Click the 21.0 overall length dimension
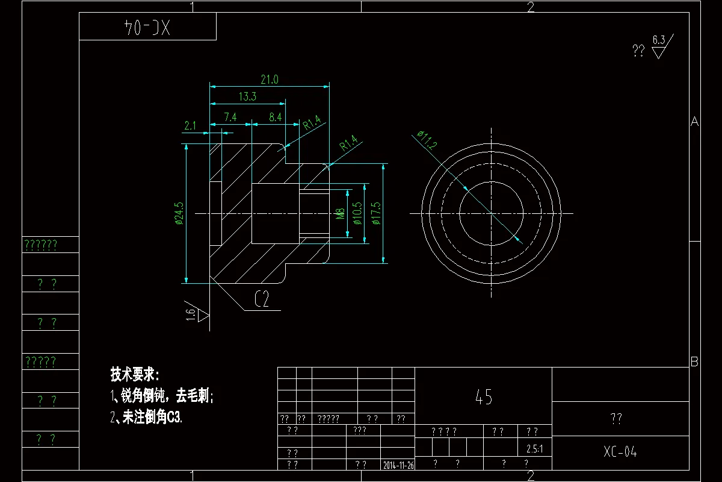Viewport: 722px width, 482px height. (x=269, y=79)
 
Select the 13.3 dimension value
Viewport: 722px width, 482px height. (x=247, y=96)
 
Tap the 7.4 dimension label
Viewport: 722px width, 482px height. (x=230, y=117)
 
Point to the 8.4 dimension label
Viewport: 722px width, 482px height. (x=276, y=117)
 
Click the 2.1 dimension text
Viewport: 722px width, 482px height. (x=191, y=125)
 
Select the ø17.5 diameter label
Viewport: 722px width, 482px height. (x=376, y=213)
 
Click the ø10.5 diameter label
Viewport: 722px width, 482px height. (x=357, y=213)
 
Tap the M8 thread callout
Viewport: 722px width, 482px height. (x=340, y=214)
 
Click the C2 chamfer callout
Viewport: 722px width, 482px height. (x=262, y=300)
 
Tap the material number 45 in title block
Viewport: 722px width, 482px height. (x=484, y=397)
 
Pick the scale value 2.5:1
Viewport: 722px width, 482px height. (x=534, y=449)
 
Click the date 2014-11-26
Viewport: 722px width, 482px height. (x=398, y=465)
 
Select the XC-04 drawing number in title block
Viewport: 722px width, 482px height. (x=620, y=452)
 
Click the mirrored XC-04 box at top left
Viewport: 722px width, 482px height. (x=147, y=27)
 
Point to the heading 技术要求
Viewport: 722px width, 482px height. (x=134, y=374)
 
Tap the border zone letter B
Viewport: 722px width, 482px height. (x=694, y=362)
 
